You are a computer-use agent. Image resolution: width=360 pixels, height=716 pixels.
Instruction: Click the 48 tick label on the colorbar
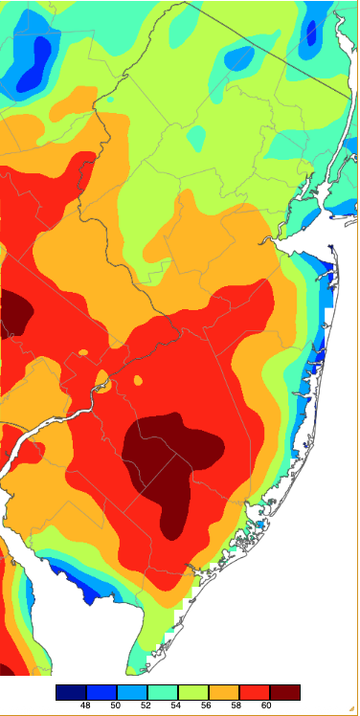85,705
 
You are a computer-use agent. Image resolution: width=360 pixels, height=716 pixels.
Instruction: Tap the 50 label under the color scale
116,705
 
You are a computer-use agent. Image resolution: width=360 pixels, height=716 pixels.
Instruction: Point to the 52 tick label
146,705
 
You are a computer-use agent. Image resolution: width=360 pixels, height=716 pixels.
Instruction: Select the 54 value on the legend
177,705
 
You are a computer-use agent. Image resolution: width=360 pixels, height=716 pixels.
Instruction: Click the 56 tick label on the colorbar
208,705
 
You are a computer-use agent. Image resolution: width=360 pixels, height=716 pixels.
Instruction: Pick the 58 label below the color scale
238,705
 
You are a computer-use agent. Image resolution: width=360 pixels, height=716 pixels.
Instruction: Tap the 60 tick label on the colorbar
269,705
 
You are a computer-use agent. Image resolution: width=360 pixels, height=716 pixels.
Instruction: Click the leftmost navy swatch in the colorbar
71,691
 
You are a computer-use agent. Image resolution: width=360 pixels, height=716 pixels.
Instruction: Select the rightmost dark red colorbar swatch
285,691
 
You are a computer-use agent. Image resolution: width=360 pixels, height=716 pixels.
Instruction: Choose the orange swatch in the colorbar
224,691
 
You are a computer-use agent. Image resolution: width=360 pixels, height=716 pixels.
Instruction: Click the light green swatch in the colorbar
193,691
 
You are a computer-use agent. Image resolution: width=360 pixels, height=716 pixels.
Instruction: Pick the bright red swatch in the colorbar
255,691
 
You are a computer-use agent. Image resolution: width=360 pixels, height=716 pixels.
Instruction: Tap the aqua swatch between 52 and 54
163,691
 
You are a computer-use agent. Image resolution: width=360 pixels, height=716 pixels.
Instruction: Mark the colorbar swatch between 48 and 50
101,691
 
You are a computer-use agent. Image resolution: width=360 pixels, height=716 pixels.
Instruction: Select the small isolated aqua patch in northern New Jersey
195,139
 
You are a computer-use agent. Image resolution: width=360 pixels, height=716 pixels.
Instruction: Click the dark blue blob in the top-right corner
310,34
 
